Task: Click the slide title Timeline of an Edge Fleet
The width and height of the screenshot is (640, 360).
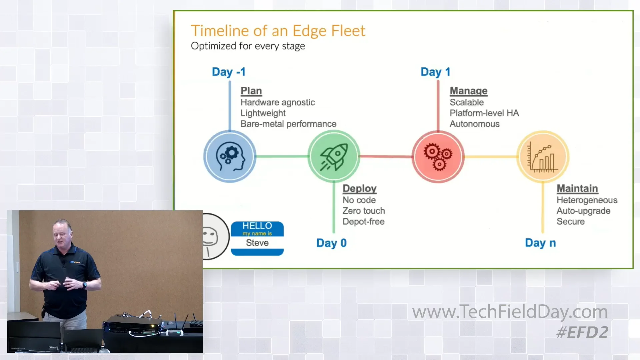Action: pos(278,31)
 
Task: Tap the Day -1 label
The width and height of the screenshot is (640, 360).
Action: pos(228,72)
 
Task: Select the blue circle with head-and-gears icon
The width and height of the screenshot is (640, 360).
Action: pos(230,156)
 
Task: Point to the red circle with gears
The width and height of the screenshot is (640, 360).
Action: pos(438,156)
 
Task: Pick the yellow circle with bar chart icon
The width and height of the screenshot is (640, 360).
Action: pos(543,156)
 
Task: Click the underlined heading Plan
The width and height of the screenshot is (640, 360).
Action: pos(251,91)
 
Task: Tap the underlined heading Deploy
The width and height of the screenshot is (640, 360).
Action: pos(359,188)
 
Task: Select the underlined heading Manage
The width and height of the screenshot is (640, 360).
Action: pos(468,91)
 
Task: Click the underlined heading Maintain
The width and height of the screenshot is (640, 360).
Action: pos(577,188)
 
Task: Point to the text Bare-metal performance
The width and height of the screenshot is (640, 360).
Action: pos(288,124)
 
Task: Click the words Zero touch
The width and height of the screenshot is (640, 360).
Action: pos(363,211)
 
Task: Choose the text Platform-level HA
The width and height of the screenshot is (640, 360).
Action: pos(484,113)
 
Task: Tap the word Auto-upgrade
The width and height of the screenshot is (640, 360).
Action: pos(583,211)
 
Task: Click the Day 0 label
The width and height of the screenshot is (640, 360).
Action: pos(331,243)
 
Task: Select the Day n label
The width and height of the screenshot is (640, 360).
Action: pos(540,243)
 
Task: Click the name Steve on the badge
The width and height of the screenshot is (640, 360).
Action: pos(257,243)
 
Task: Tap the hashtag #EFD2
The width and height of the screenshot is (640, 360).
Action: pos(582,332)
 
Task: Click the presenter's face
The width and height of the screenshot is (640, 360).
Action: pos(63,233)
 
